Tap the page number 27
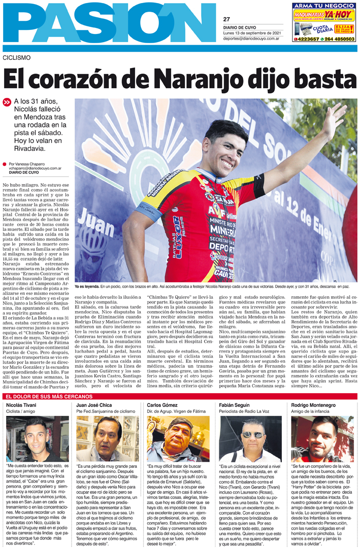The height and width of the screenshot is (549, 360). coord(226,19)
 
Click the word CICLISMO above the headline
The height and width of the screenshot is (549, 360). coord(16,57)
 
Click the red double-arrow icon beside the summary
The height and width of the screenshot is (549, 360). coord(7,102)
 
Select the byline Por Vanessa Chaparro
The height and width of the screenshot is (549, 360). coord(28,164)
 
